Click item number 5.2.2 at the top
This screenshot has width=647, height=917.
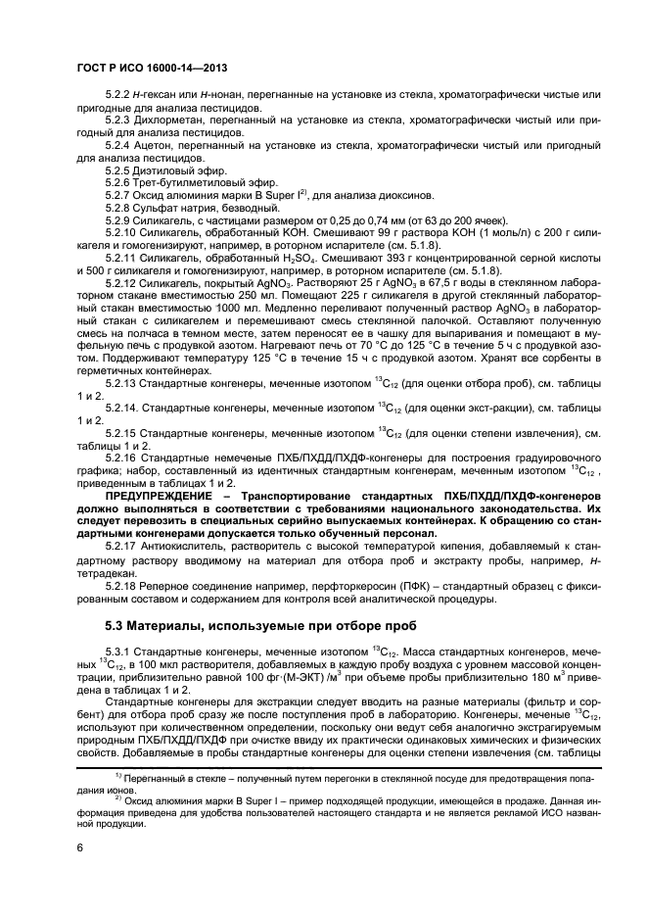[117, 92]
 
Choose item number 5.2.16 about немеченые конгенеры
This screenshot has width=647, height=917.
[120, 459]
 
